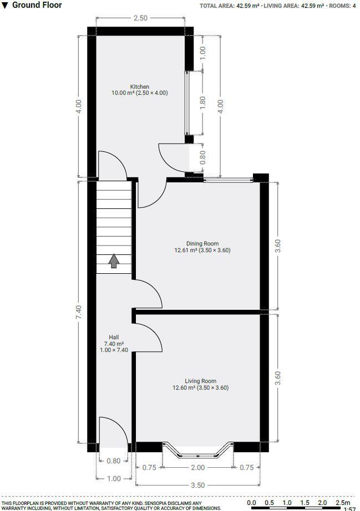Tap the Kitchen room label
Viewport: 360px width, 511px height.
tap(139, 86)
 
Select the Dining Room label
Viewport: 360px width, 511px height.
tap(202, 243)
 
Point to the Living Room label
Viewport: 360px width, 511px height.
tap(200, 381)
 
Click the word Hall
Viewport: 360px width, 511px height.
tap(113, 337)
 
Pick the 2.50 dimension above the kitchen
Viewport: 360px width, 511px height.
tap(141, 18)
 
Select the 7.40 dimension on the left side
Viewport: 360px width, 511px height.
tap(79, 311)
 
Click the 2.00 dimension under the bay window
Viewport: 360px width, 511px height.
tap(197, 468)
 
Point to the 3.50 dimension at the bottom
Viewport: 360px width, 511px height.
tap(197, 485)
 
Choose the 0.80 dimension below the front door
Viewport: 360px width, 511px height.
tap(113, 461)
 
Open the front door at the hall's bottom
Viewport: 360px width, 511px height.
tap(111, 432)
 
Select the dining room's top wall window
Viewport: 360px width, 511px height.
tap(228, 179)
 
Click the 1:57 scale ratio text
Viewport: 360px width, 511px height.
tap(349, 509)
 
